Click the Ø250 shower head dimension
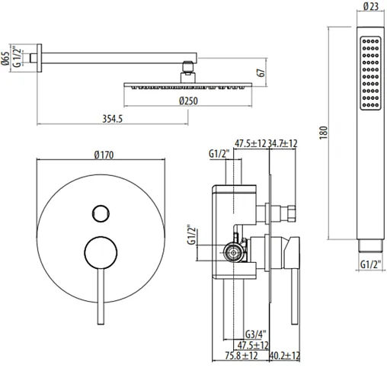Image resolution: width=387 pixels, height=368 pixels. coord(188,101)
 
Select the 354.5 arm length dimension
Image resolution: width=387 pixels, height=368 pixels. coord(112,119)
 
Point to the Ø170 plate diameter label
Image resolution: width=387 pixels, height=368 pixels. coord(104,155)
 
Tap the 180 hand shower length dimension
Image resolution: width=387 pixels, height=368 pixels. coord(323,133)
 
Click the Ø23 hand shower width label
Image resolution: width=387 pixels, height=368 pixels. coord(371,6)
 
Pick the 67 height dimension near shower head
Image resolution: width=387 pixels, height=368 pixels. coord(261,72)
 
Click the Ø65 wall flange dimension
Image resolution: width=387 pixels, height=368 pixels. coord(5,59)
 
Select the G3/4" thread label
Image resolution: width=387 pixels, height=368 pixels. coord(256,334)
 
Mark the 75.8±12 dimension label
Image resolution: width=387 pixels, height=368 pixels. coord(241,356)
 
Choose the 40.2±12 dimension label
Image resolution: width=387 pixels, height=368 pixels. coord(285,356)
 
